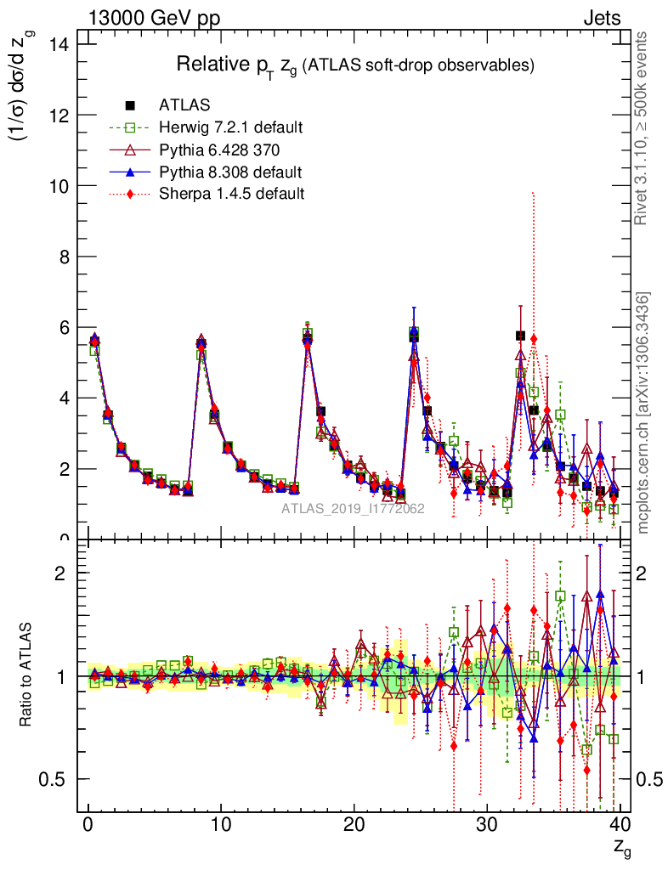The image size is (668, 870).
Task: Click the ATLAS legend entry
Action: pyautogui.click(x=185, y=105)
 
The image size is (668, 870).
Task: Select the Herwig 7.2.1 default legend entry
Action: pyautogui.click(x=230, y=127)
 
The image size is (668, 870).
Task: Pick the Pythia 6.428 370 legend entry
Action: pyautogui.click(x=219, y=150)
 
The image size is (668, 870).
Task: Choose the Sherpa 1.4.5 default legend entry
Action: pyautogui.click(x=231, y=194)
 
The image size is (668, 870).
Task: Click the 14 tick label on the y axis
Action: pyautogui.click(x=59, y=43)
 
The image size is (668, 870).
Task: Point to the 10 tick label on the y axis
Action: pyautogui.click(x=59, y=185)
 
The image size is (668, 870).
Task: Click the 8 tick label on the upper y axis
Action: pyautogui.click(x=65, y=257)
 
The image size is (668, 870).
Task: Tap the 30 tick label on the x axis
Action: pyautogui.click(x=487, y=824)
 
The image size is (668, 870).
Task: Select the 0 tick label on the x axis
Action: pyautogui.click(x=88, y=824)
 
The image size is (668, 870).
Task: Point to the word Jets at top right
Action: pyautogui.click(x=602, y=18)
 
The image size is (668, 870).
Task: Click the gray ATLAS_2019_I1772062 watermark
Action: pyautogui.click(x=354, y=509)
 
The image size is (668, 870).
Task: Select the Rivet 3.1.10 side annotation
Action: pyautogui.click(x=643, y=128)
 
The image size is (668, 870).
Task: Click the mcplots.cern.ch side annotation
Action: pyautogui.click(x=643, y=413)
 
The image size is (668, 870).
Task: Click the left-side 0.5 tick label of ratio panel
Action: pyautogui.click(x=57, y=779)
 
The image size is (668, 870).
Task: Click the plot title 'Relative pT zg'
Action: pyautogui.click(x=354, y=65)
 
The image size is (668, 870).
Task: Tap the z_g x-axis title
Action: pyautogui.click(x=622, y=847)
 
